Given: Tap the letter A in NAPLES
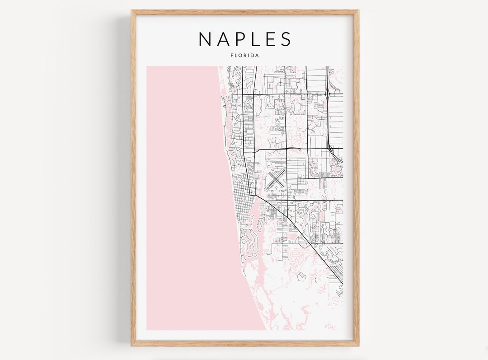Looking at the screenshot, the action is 223,39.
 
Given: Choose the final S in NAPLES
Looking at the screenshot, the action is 286,39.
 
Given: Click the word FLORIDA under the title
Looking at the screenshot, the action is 244,56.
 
